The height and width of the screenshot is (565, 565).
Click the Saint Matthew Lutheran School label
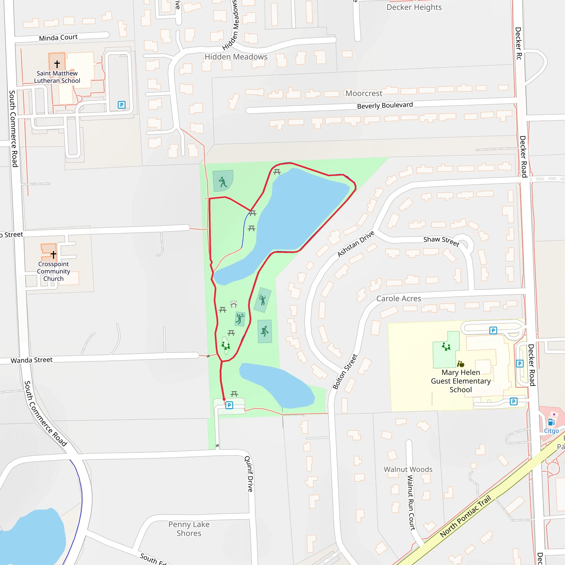click(57, 77)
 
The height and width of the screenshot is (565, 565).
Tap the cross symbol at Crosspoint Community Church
click(53, 255)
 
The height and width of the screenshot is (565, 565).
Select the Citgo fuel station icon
click(551, 422)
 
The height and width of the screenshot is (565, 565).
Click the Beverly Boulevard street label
click(385, 106)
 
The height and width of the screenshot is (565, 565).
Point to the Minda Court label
click(58, 38)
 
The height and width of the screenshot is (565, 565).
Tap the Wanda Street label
click(31, 360)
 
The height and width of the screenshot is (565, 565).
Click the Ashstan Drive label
click(356, 244)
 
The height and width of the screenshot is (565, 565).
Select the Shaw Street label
click(441, 241)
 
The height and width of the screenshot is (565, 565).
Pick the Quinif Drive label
click(249, 473)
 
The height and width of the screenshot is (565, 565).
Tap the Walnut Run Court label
click(411, 502)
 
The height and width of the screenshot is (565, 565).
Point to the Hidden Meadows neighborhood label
click(236, 57)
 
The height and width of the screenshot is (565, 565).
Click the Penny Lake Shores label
click(189, 529)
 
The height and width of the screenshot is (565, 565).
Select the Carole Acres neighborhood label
click(399, 299)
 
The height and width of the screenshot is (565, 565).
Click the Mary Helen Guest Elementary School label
click(461, 381)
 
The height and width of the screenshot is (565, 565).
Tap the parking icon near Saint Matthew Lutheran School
click(122, 105)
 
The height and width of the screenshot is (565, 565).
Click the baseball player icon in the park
click(223, 182)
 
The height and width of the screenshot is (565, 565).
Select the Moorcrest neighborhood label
click(364, 93)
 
